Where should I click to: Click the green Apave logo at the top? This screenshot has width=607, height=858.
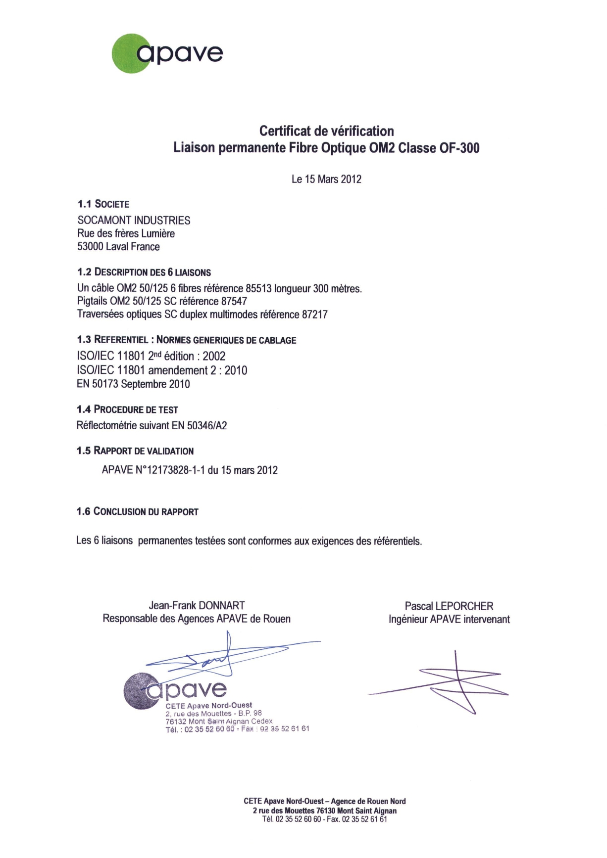pyautogui.click(x=167, y=53)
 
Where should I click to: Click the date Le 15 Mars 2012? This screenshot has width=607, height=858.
pyautogui.click(x=326, y=179)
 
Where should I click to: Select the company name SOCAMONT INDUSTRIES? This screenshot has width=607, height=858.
pyautogui.click(x=134, y=220)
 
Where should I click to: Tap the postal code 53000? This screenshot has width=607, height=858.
pyautogui.click(x=90, y=246)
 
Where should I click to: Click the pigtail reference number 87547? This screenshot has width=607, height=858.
pyautogui.click(x=234, y=301)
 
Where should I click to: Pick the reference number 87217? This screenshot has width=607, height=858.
pyautogui.click(x=314, y=315)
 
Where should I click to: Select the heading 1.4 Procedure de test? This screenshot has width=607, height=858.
pyautogui.click(x=127, y=409)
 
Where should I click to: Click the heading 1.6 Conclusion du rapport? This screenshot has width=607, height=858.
pyautogui.click(x=137, y=511)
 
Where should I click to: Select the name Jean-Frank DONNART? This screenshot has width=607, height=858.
pyautogui.click(x=197, y=605)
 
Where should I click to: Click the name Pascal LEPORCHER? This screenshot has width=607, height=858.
pyautogui.click(x=449, y=606)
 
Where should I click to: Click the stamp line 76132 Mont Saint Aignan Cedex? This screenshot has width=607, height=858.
pyautogui.click(x=219, y=721)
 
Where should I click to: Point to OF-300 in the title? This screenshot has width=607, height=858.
pyautogui.click(x=459, y=148)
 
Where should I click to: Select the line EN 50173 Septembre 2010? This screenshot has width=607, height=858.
pyautogui.click(x=133, y=384)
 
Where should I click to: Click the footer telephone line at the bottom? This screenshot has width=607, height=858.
pyautogui.click(x=324, y=819)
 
